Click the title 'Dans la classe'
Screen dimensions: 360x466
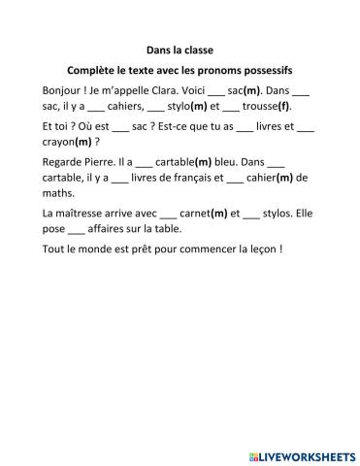point(180,49)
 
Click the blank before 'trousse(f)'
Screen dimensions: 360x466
point(231,108)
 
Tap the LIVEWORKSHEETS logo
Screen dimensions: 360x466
point(299,452)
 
